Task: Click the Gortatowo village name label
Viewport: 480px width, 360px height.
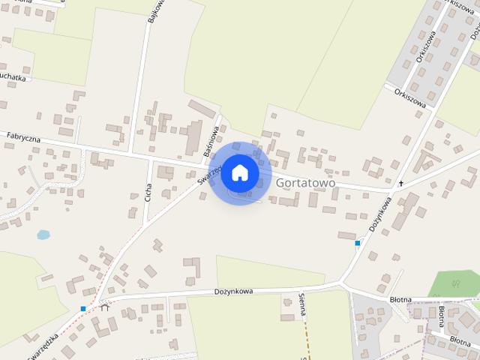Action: coord(305,183)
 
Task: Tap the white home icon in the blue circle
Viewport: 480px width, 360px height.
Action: coord(239,172)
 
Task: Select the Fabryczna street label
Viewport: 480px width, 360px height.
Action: coord(22,136)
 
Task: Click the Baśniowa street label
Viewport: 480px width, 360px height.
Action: coord(211,140)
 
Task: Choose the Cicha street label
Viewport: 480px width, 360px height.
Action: coord(148,192)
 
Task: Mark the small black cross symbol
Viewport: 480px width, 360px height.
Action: coord(400,184)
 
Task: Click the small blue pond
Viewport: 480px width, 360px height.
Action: coord(43,235)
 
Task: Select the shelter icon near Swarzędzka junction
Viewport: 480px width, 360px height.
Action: coord(104,306)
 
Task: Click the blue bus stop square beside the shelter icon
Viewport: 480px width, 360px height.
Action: coord(83,308)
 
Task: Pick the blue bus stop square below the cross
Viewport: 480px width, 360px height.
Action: coord(358,243)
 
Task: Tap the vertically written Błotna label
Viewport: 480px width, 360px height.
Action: coord(442,318)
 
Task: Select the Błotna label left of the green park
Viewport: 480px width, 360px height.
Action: coord(400,299)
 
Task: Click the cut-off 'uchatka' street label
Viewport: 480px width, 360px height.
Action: coord(13,77)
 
